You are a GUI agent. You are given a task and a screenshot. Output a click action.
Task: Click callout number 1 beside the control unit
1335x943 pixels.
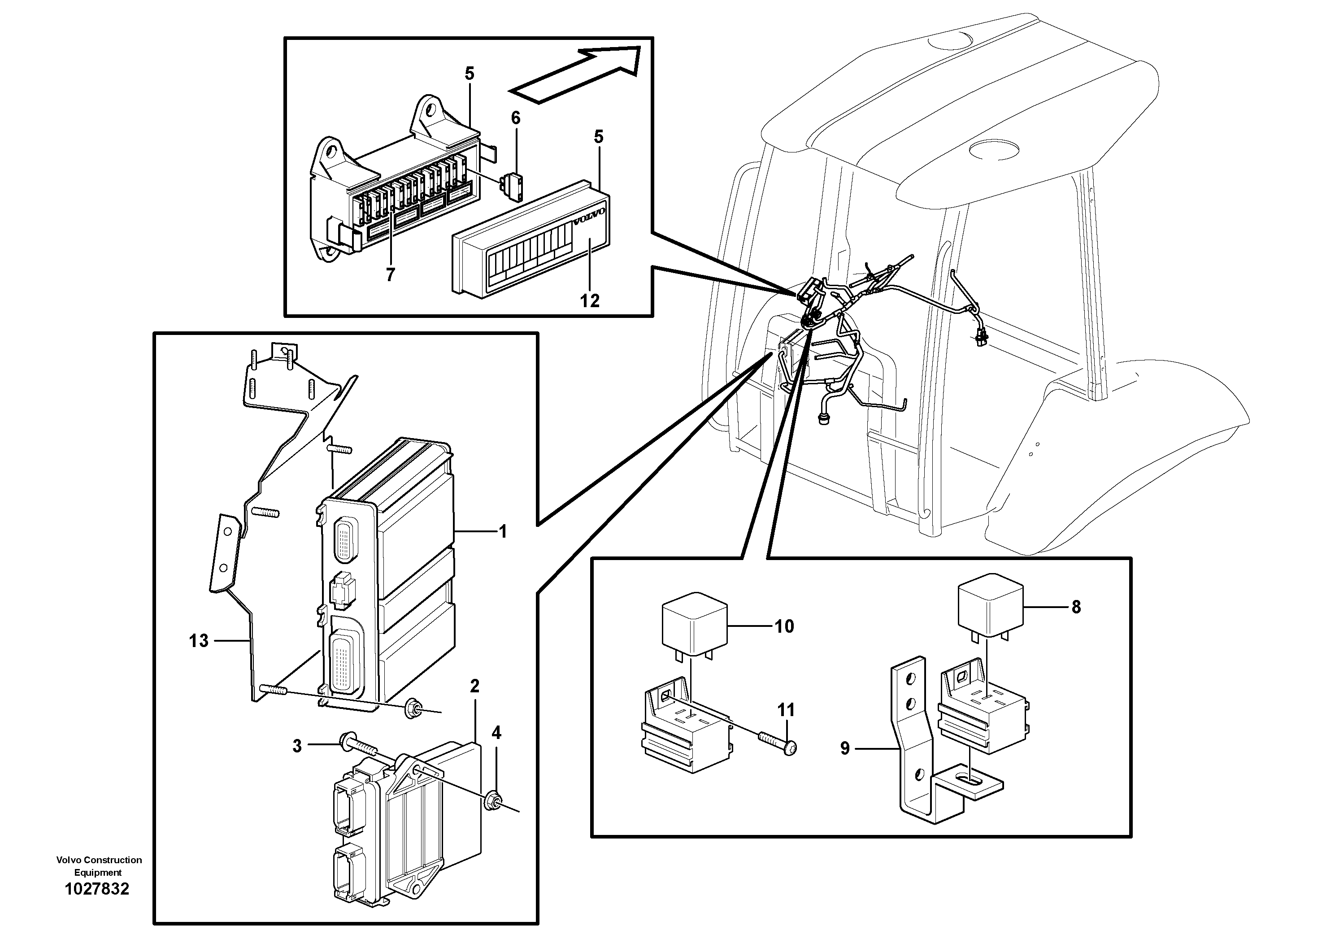503,531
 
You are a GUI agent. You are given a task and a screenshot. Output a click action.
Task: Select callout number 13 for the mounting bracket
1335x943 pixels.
198,641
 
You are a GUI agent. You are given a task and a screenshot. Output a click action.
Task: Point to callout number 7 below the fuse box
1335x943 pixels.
390,274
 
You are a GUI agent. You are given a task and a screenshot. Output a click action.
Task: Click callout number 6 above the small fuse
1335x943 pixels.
516,118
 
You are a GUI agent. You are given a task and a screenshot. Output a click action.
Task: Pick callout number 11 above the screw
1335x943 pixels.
786,709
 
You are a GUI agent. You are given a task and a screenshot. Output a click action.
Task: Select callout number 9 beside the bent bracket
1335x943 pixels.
845,748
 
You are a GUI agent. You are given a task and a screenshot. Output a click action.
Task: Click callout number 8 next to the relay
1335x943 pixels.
1076,607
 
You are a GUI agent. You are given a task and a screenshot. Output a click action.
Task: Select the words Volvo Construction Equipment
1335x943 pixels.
99,866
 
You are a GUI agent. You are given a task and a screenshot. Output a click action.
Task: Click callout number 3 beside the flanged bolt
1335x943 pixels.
297,746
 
